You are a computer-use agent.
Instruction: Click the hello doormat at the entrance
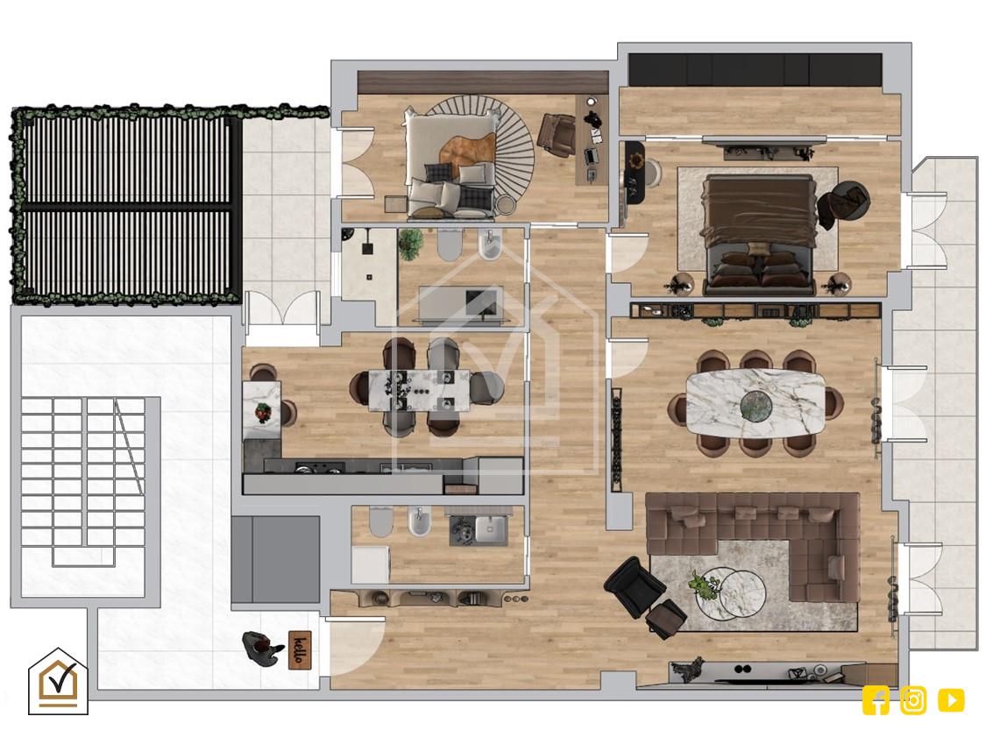click(301, 649)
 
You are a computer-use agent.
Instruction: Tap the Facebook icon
click(876, 700)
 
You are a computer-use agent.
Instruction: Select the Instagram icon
click(913, 700)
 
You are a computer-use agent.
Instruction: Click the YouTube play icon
click(951, 700)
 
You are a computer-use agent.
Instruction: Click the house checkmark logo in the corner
click(58, 681)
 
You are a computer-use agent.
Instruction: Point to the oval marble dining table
click(755, 403)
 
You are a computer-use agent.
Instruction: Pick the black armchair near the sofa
click(635, 586)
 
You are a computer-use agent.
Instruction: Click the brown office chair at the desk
click(557, 134)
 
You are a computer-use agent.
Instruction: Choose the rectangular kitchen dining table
click(420, 390)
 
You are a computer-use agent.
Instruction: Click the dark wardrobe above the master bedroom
click(755, 70)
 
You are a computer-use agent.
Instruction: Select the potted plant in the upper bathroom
click(410, 244)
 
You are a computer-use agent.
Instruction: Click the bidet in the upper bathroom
click(490, 246)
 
